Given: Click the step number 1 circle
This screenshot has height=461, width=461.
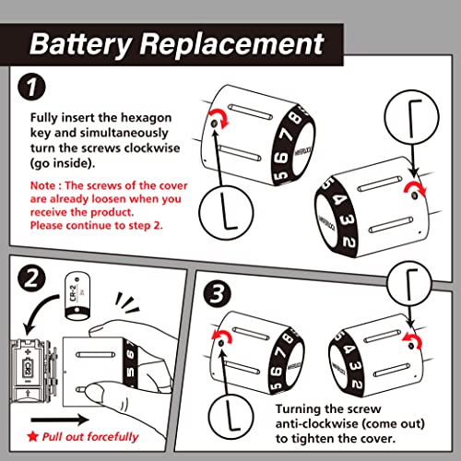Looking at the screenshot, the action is click(x=31, y=87).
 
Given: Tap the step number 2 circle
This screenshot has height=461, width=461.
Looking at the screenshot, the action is click(x=31, y=278).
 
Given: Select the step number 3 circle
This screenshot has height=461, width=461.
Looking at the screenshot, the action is click(x=218, y=294).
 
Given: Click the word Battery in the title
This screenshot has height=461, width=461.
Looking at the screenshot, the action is click(x=81, y=44).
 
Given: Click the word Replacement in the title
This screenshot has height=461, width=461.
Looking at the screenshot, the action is click(x=232, y=44).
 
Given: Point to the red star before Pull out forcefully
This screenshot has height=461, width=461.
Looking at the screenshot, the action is click(x=32, y=436).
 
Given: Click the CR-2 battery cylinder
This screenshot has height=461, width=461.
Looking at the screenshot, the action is click(x=77, y=296).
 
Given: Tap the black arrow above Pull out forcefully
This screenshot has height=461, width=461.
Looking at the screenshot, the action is click(x=60, y=420).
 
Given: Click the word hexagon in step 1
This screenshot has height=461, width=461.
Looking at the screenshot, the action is click(x=146, y=118).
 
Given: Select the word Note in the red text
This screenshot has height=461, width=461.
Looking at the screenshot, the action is click(x=42, y=185).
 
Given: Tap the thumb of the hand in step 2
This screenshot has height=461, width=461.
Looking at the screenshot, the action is click(x=101, y=396).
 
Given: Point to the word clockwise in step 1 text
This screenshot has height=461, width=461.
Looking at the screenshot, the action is click(x=152, y=148).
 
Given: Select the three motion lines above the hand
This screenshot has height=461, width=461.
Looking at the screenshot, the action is click(x=127, y=302).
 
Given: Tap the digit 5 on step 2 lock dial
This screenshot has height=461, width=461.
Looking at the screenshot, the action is click(x=130, y=372).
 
